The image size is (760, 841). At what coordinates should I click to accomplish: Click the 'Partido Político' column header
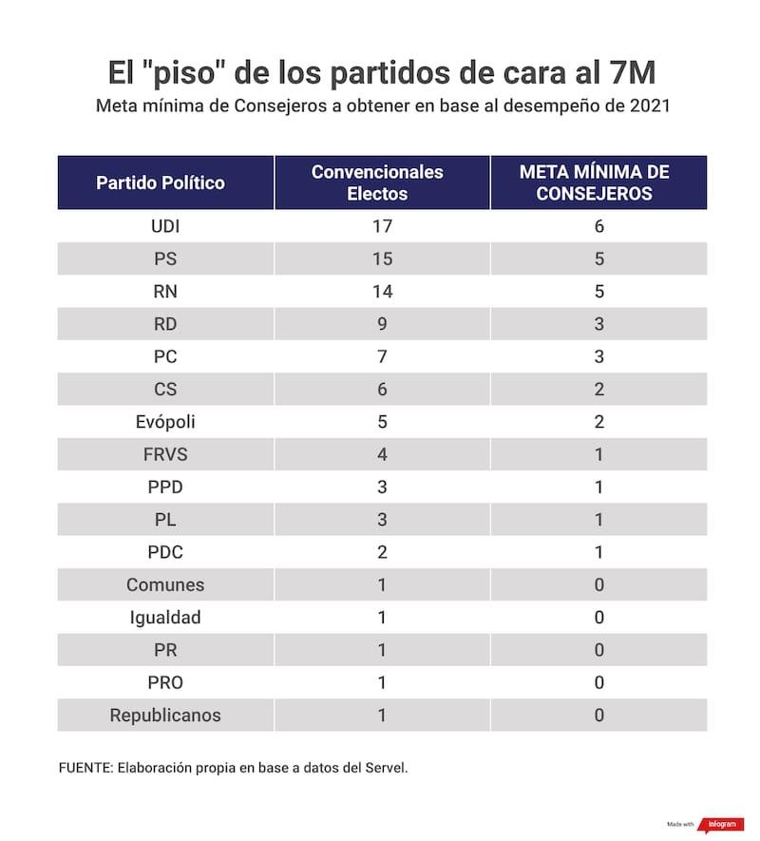[x=161, y=182]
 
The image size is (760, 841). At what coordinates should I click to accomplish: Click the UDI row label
[x=165, y=226]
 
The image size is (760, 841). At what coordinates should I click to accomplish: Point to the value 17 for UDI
[x=382, y=226]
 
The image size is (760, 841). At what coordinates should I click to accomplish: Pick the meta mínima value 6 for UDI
[x=598, y=226]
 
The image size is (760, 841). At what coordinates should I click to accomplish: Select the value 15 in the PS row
[x=382, y=259]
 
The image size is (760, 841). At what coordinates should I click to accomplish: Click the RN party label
[x=165, y=292]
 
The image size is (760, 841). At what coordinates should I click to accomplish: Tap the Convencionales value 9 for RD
[x=382, y=324]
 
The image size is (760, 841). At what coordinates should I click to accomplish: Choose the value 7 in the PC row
[x=382, y=357]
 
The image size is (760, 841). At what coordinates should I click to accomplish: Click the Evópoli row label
[x=165, y=422]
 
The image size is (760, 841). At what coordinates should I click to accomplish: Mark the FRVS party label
[x=165, y=454]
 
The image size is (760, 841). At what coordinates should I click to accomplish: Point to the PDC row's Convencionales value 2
[x=382, y=552]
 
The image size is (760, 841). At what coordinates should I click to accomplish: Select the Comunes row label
[x=165, y=584]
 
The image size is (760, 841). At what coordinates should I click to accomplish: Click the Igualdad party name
[x=165, y=618]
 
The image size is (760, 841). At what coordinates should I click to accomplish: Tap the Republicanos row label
[x=165, y=715]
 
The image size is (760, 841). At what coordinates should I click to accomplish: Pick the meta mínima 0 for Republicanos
[x=598, y=715]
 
